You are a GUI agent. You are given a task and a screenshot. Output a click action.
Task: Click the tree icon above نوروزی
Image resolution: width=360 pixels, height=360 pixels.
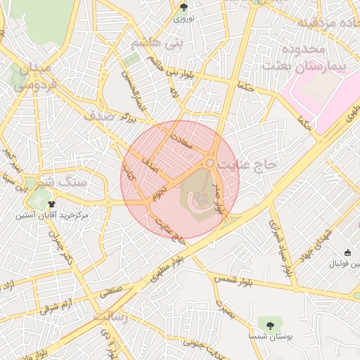(184, 8)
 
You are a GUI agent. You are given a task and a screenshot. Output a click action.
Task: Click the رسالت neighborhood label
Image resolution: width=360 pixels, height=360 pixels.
(109, 318)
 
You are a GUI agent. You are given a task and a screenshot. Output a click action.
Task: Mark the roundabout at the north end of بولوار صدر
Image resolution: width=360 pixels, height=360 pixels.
(210, 163)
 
